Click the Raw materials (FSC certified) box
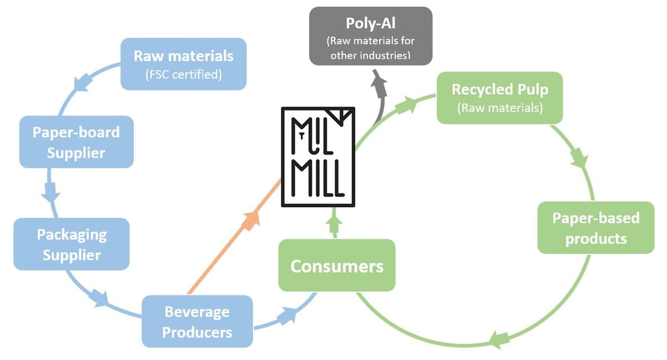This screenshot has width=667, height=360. [183, 64]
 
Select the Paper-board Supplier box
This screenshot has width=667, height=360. [76, 142]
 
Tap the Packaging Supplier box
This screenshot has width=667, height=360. [71, 244]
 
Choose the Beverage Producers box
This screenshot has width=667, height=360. [197, 321]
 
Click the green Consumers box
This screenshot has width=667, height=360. [337, 265]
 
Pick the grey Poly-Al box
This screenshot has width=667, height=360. [371, 36]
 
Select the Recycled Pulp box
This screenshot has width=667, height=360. [500, 98]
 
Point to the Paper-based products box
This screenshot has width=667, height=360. [596, 228]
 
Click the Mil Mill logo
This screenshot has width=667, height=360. [318, 156]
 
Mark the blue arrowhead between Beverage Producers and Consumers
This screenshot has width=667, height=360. [288, 315]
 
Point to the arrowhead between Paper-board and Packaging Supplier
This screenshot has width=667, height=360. [52, 193]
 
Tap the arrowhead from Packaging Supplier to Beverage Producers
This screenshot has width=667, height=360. [101, 298]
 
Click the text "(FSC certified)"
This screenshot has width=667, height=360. [183, 74]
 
